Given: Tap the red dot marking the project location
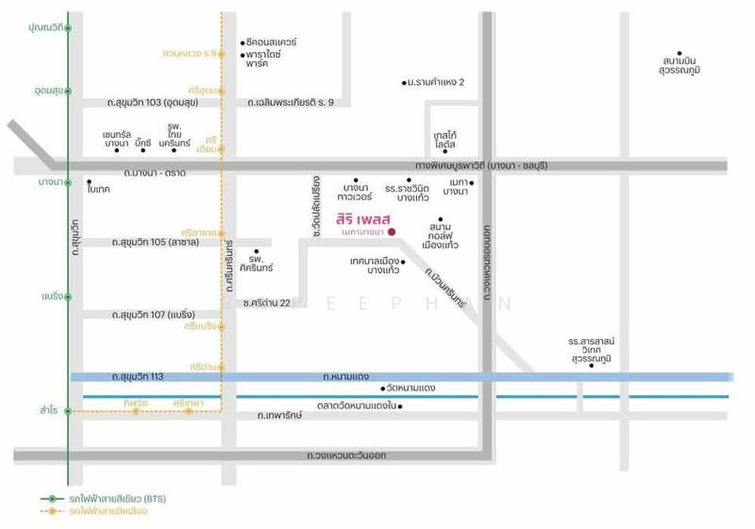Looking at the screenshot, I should tap(392, 232).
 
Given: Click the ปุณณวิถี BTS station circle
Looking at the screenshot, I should tap(68, 28).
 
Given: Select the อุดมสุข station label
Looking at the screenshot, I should tap(44, 90).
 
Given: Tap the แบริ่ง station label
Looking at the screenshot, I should tap(50, 296).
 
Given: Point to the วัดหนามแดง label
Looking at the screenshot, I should tap(411, 388).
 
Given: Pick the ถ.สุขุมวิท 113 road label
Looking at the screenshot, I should tap(138, 377).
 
